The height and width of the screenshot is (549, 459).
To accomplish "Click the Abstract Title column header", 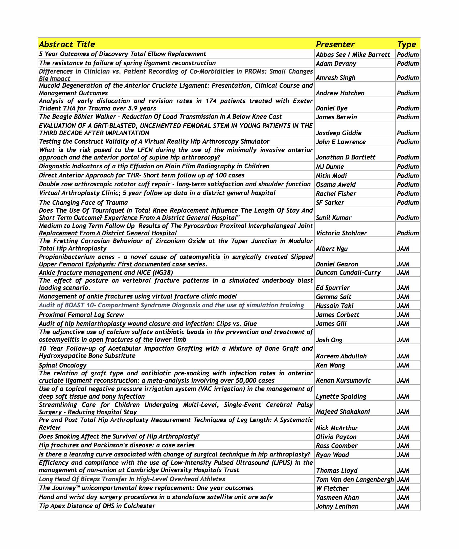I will pos(67,44).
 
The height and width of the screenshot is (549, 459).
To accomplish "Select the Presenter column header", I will pos(335,44).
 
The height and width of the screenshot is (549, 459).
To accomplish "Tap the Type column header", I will pos(406,44).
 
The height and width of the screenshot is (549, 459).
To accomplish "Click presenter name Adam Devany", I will pos(336,63).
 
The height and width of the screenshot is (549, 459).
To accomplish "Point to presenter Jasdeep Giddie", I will pos(338,133).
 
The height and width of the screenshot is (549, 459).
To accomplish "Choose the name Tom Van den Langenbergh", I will pos(355,479).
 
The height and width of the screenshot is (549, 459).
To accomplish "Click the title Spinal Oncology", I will pos(63,365).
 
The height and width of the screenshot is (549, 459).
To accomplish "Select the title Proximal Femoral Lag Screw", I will pos(82,315).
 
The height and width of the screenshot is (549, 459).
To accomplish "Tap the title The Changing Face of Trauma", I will pos(83,203).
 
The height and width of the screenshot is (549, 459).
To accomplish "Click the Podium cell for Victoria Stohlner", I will pos(408,233).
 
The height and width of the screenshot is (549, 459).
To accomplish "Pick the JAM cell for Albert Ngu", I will pos(403,249).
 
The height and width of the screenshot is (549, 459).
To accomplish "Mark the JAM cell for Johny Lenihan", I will pos(403,506).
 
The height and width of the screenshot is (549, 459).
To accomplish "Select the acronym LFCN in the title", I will pos(143,150).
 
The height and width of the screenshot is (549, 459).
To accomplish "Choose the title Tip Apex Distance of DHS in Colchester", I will pos(97,506).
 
